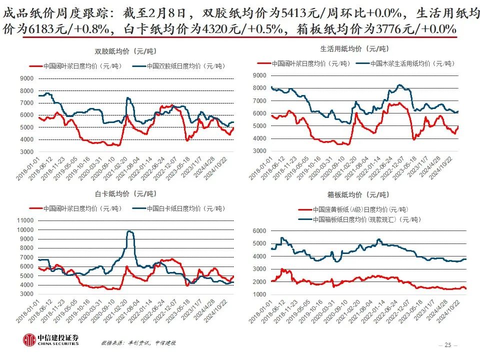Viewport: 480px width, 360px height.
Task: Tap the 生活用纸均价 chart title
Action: (354, 49)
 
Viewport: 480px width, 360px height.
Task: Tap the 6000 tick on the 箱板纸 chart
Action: (257, 231)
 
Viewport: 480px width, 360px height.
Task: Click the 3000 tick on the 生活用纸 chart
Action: (258, 151)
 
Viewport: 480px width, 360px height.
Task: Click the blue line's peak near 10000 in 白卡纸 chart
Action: (129, 231)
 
